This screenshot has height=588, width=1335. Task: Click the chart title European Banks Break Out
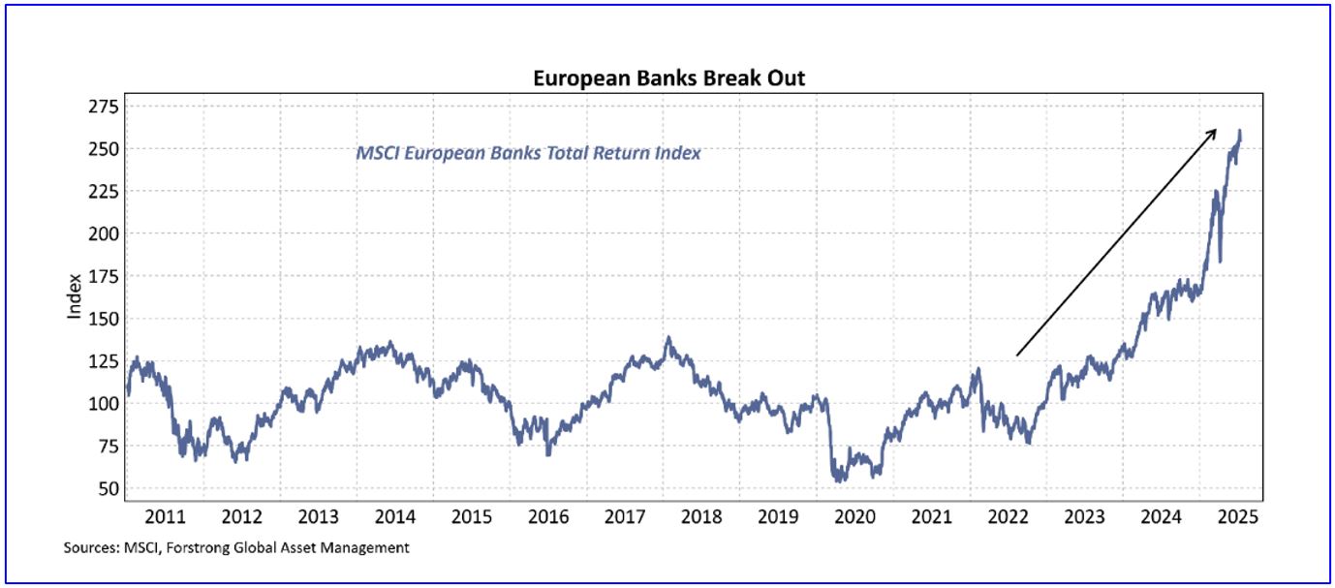point(668,78)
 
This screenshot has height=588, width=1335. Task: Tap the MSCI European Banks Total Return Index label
point(528,153)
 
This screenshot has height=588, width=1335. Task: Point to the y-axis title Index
point(75,299)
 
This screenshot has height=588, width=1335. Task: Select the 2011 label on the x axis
point(165,517)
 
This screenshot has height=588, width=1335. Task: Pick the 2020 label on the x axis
point(854,517)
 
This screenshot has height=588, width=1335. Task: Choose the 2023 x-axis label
point(1083,517)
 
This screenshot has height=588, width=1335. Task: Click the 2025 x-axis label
point(1236,517)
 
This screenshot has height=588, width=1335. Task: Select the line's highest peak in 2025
point(1240,131)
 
